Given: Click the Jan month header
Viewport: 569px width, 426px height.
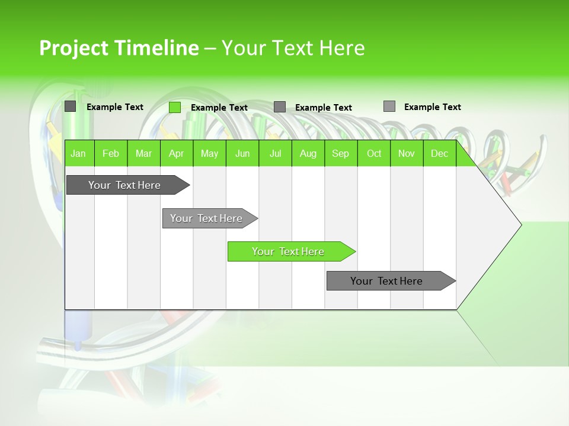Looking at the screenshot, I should [x=78, y=153].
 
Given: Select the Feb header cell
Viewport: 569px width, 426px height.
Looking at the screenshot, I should [x=111, y=153].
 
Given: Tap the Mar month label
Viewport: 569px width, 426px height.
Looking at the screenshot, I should [x=143, y=153].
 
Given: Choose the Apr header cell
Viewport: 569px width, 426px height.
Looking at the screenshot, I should [x=177, y=153].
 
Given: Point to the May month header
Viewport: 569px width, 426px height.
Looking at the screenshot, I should [x=209, y=153].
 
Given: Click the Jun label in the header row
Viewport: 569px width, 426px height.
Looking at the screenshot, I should [x=242, y=153].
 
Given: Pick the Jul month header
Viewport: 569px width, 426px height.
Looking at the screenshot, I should [x=276, y=153].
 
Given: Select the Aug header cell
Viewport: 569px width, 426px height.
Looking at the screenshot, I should [x=308, y=153].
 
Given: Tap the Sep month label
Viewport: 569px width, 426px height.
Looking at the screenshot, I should [x=341, y=153].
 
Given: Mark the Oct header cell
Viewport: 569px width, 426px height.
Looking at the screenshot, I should [x=374, y=153].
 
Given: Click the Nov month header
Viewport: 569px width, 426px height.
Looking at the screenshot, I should [x=407, y=153].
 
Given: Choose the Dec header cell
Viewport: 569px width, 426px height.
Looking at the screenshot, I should [x=440, y=153].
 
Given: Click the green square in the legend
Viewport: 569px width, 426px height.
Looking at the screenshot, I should [x=175, y=107].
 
